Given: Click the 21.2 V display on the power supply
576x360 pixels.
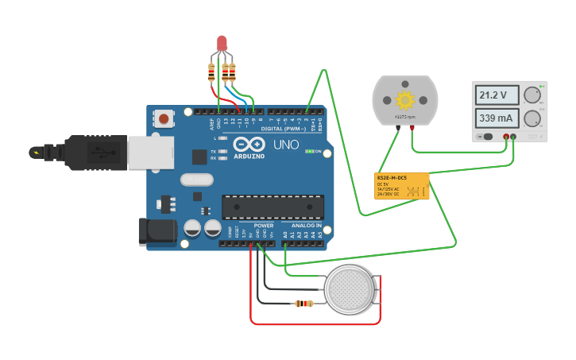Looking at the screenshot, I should coord(497,95).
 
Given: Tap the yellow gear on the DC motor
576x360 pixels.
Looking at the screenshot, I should coord(405,100).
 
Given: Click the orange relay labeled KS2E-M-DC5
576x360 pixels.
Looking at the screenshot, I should coord(401,185).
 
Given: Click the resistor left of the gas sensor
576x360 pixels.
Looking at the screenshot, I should coord(303,303).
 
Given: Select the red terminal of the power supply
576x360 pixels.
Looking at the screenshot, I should coord(505,137).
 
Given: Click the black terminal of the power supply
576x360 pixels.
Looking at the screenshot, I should coord(513,137).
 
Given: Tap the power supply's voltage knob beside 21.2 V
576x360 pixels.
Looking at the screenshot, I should coord(532,96).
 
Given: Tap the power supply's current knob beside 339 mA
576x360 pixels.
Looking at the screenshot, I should coord(532,119).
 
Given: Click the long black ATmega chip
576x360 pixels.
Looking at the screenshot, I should coord(273,207).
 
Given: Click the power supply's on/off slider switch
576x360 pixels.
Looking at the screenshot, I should coord(486,137).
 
